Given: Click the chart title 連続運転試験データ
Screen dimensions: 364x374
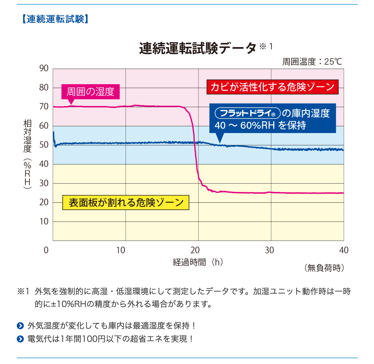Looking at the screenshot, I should [x=198, y=48].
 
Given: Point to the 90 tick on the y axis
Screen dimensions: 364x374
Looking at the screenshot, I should [x=44, y=68].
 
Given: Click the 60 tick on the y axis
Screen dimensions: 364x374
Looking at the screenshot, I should [x=44, y=126].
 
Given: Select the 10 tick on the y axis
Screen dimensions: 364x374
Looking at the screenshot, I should [x=44, y=221].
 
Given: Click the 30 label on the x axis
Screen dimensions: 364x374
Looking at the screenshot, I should [x=269, y=250].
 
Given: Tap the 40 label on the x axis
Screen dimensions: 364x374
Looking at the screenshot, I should [x=343, y=250].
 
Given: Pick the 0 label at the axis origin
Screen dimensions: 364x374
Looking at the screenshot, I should [x=46, y=250].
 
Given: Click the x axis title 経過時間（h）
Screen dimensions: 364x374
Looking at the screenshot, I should [x=198, y=262].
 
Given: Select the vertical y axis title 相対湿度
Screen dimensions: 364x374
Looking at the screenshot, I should [x=27, y=136].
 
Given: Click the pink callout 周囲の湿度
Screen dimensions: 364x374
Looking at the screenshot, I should [x=90, y=92].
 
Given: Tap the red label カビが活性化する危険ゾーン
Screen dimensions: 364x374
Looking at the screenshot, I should [x=272, y=87].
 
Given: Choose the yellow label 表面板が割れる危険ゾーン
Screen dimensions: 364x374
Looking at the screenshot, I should [x=126, y=203].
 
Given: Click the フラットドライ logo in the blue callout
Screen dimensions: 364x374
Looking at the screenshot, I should [x=248, y=113].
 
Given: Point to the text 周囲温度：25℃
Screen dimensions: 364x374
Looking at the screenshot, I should [x=312, y=62].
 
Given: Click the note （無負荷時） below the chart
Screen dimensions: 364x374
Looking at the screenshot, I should [x=324, y=268].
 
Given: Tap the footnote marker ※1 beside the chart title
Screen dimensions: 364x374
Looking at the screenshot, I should [x=266, y=46].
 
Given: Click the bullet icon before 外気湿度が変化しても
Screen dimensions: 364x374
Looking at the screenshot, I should [x=20, y=326].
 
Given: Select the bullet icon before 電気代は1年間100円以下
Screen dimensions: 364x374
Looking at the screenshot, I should [x=20, y=339].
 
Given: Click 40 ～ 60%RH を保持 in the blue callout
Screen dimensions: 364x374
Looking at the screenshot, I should [x=260, y=125].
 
